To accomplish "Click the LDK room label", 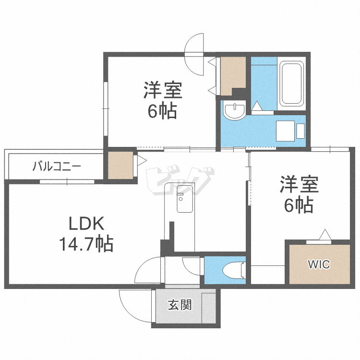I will [85, 224].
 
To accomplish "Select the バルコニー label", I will [57, 167].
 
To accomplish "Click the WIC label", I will [319, 264].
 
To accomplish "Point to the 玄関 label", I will [180, 305].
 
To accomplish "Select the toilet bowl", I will [236, 271].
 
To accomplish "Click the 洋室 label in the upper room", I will [162, 91].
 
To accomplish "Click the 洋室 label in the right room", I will [298, 185].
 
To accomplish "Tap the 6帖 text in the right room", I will [298, 205].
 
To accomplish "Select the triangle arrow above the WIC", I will [325, 235].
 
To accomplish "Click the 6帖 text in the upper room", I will [162, 111].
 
